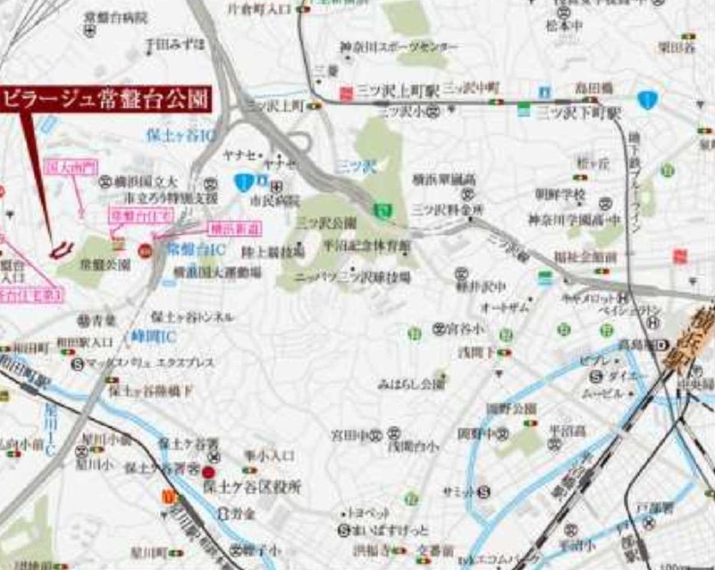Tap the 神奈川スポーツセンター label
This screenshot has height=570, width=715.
coord(379,47)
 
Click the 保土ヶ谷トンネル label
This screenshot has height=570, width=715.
coord(192,316)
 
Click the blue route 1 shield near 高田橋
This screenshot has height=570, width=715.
coord(648,99)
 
